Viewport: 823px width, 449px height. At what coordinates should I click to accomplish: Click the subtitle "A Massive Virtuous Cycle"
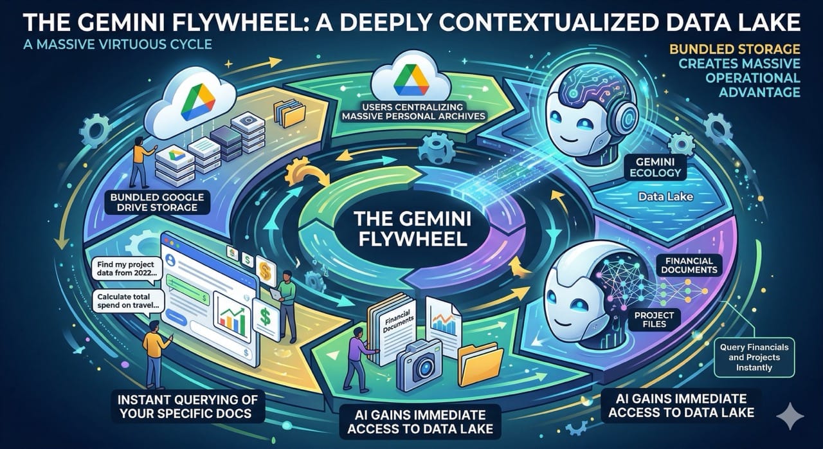(105, 46)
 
